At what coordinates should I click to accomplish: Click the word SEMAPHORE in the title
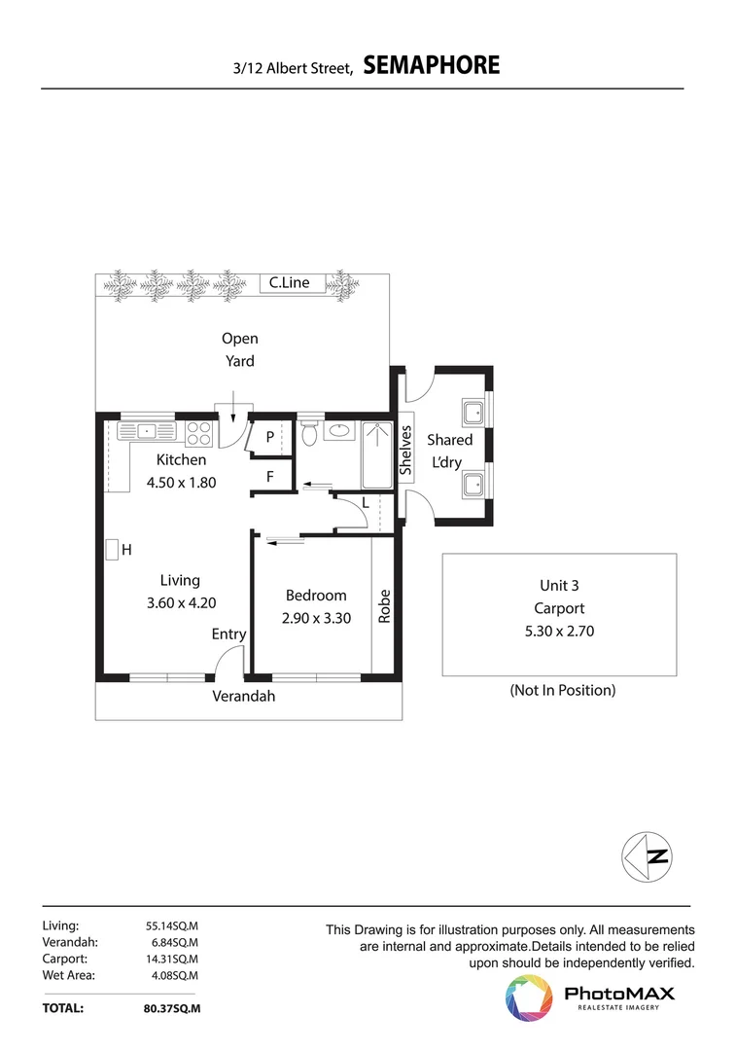click(x=432, y=66)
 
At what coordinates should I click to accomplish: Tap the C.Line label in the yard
click(x=289, y=283)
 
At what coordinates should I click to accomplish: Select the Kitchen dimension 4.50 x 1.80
click(x=181, y=481)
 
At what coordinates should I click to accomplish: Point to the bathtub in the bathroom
click(x=375, y=454)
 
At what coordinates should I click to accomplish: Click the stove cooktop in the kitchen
click(x=199, y=431)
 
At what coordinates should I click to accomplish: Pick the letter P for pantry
click(x=269, y=438)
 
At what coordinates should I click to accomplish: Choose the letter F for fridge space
click(x=270, y=477)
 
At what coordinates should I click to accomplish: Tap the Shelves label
click(x=405, y=450)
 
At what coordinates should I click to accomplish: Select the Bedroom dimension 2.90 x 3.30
click(x=315, y=617)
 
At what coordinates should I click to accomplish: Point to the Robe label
click(x=385, y=606)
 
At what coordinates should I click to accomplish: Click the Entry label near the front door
click(x=228, y=634)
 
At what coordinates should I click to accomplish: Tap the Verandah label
click(x=244, y=696)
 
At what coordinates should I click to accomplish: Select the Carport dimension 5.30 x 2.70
click(x=559, y=631)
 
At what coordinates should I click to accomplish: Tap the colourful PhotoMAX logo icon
click(x=528, y=998)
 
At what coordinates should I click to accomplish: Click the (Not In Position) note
click(x=563, y=690)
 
